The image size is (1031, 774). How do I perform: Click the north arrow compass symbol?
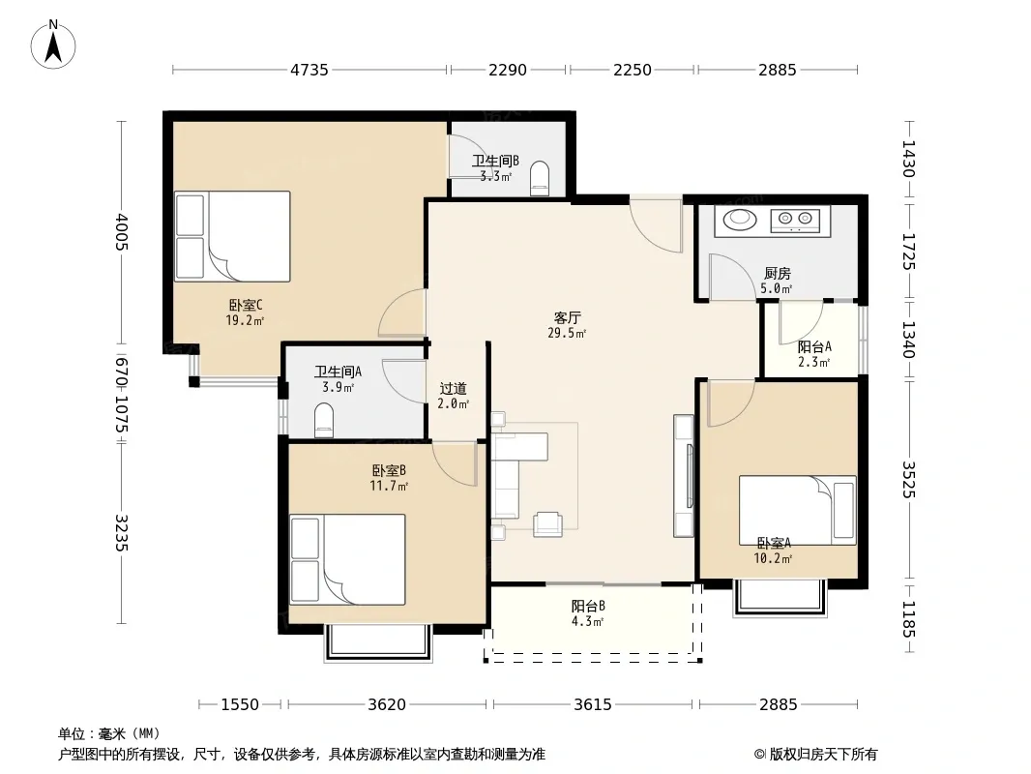(53, 45)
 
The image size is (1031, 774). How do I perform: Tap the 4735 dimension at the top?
(309, 70)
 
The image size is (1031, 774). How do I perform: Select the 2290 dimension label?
(508, 70)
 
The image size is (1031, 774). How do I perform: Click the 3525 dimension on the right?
(909, 479)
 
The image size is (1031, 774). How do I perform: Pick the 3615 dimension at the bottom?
(593, 704)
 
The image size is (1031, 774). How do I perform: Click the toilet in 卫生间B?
(540, 178)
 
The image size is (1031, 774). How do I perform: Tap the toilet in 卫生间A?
(324, 420)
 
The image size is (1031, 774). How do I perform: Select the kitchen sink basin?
(740, 219)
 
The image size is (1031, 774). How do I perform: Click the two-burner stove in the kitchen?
(795, 220)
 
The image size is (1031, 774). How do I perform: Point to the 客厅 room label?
(567, 318)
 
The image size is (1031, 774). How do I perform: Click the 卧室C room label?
(246, 305)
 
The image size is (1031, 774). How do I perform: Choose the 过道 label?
(453, 389)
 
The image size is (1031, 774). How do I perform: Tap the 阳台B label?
(588, 606)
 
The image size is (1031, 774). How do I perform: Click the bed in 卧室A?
(798, 510)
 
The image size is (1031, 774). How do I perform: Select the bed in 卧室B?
(347, 559)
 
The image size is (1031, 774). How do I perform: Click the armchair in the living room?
(547, 524)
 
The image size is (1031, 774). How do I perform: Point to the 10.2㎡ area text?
(773, 559)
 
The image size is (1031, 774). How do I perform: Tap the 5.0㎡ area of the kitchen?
(776, 288)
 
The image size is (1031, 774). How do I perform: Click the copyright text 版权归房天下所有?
(823, 755)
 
